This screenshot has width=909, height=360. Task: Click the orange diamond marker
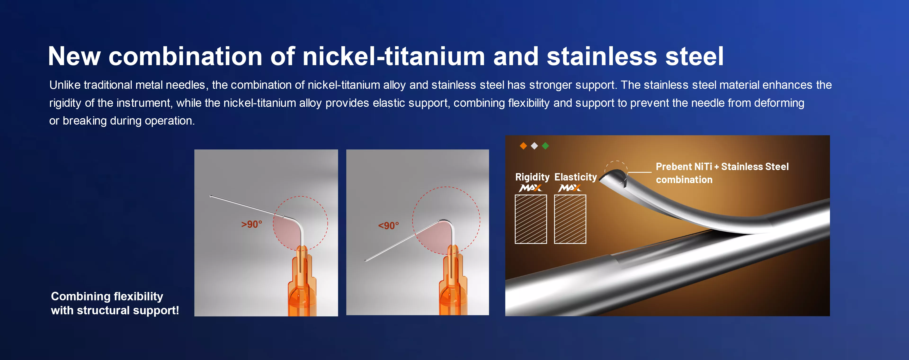[523, 146]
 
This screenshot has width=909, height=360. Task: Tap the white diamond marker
[534, 146]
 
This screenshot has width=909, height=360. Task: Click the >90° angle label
[252, 224]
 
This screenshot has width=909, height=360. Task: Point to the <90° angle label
[388, 225]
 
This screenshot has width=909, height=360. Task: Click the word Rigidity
[532, 177]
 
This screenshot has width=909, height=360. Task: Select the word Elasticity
[575, 177]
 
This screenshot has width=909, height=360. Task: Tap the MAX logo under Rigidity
[530, 188]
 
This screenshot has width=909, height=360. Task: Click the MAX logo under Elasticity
[570, 188]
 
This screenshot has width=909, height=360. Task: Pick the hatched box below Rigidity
[531, 219]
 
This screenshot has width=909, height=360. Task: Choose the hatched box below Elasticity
[570, 219]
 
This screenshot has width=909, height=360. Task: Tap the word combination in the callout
[684, 180]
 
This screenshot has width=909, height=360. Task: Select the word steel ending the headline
[695, 56]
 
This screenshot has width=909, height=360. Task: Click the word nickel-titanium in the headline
[393, 56]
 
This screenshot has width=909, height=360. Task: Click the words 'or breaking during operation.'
[122, 121]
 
